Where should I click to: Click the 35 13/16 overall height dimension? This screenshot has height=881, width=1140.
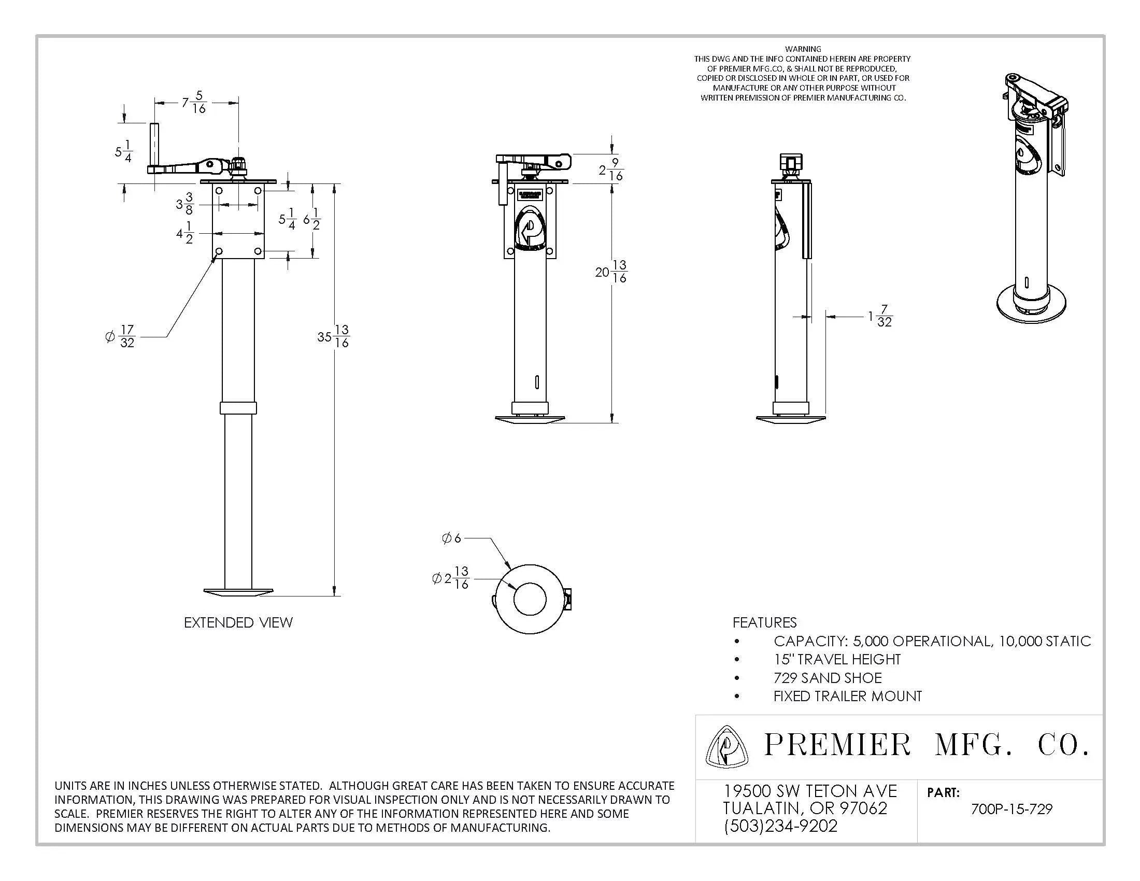[x=333, y=336]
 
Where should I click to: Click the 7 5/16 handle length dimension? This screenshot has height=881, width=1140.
[x=194, y=102]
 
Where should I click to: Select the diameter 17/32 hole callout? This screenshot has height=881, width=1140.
[x=121, y=336]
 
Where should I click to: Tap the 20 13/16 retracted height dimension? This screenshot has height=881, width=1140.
[x=611, y=272]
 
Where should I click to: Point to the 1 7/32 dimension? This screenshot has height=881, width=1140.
[x=880, y=316]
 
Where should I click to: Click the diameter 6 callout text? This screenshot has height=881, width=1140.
[x=451, y=538]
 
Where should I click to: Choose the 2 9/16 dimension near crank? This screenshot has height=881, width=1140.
[x=611, y=169]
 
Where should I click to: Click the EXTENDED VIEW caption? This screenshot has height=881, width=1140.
[x=238, y=622]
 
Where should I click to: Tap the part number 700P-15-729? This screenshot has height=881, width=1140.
[x=1011, y=809]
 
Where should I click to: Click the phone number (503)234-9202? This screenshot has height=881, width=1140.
[x=780, y=826]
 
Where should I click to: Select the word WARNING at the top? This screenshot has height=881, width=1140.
[x=803, y=49]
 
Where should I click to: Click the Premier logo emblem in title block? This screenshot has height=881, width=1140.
[x=726, y=747]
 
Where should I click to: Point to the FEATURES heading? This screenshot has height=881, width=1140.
[x=764, y=622]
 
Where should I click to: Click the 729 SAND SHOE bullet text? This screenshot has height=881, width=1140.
[x=828, y=677]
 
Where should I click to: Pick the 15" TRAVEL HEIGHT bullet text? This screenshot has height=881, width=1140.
[x=837, y=659]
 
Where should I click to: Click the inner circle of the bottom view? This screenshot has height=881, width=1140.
[x=530, y=599]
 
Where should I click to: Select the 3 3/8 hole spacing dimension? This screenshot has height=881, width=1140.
[x=184, y=204]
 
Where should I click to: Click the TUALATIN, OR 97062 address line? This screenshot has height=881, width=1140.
[x=805, y=808]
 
